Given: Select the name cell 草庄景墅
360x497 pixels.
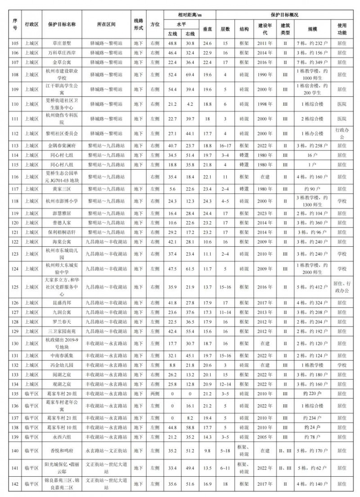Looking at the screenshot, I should tap(62, 43).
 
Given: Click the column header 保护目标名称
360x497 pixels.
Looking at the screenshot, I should tap(62, 24).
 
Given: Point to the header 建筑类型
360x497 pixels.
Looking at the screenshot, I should tap(285, 29).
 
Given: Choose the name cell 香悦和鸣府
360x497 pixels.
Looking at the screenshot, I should tap(62, 450).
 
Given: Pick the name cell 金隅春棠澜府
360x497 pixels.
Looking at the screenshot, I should tap(62, 146).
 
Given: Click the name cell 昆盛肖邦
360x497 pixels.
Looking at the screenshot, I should tap(62, 303).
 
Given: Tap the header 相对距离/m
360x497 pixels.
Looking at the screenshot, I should tap(189, 15).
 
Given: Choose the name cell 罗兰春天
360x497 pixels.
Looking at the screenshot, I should tap(62, 322).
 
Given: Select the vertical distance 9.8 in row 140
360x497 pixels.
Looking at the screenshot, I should tap(207, 450).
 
